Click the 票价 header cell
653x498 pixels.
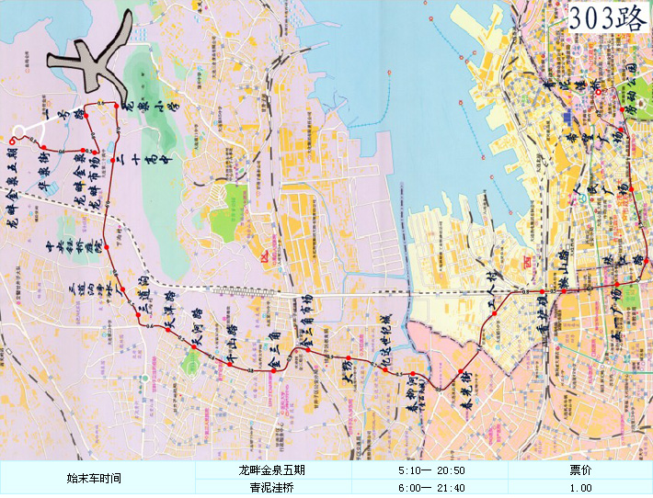[x=580, y=470]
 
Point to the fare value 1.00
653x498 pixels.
[x=580, y=488]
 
